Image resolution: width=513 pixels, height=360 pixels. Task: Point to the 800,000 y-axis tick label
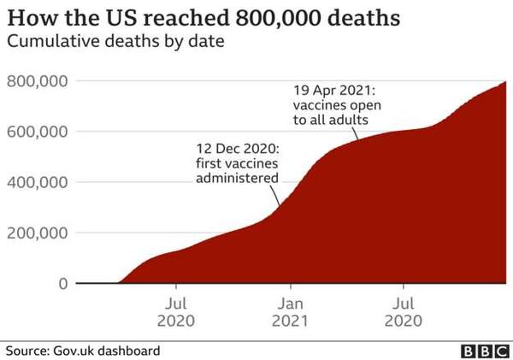pos(37,81)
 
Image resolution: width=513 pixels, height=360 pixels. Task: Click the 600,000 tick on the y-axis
pos(37,132)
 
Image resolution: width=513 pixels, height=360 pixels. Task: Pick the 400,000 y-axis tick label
pos(37,182)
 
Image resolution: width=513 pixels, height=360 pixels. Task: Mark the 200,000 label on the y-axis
pos(37,233)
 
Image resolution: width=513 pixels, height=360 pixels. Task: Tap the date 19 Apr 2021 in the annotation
pos(333,88)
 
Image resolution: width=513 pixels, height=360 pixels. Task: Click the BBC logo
pos(482,351)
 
